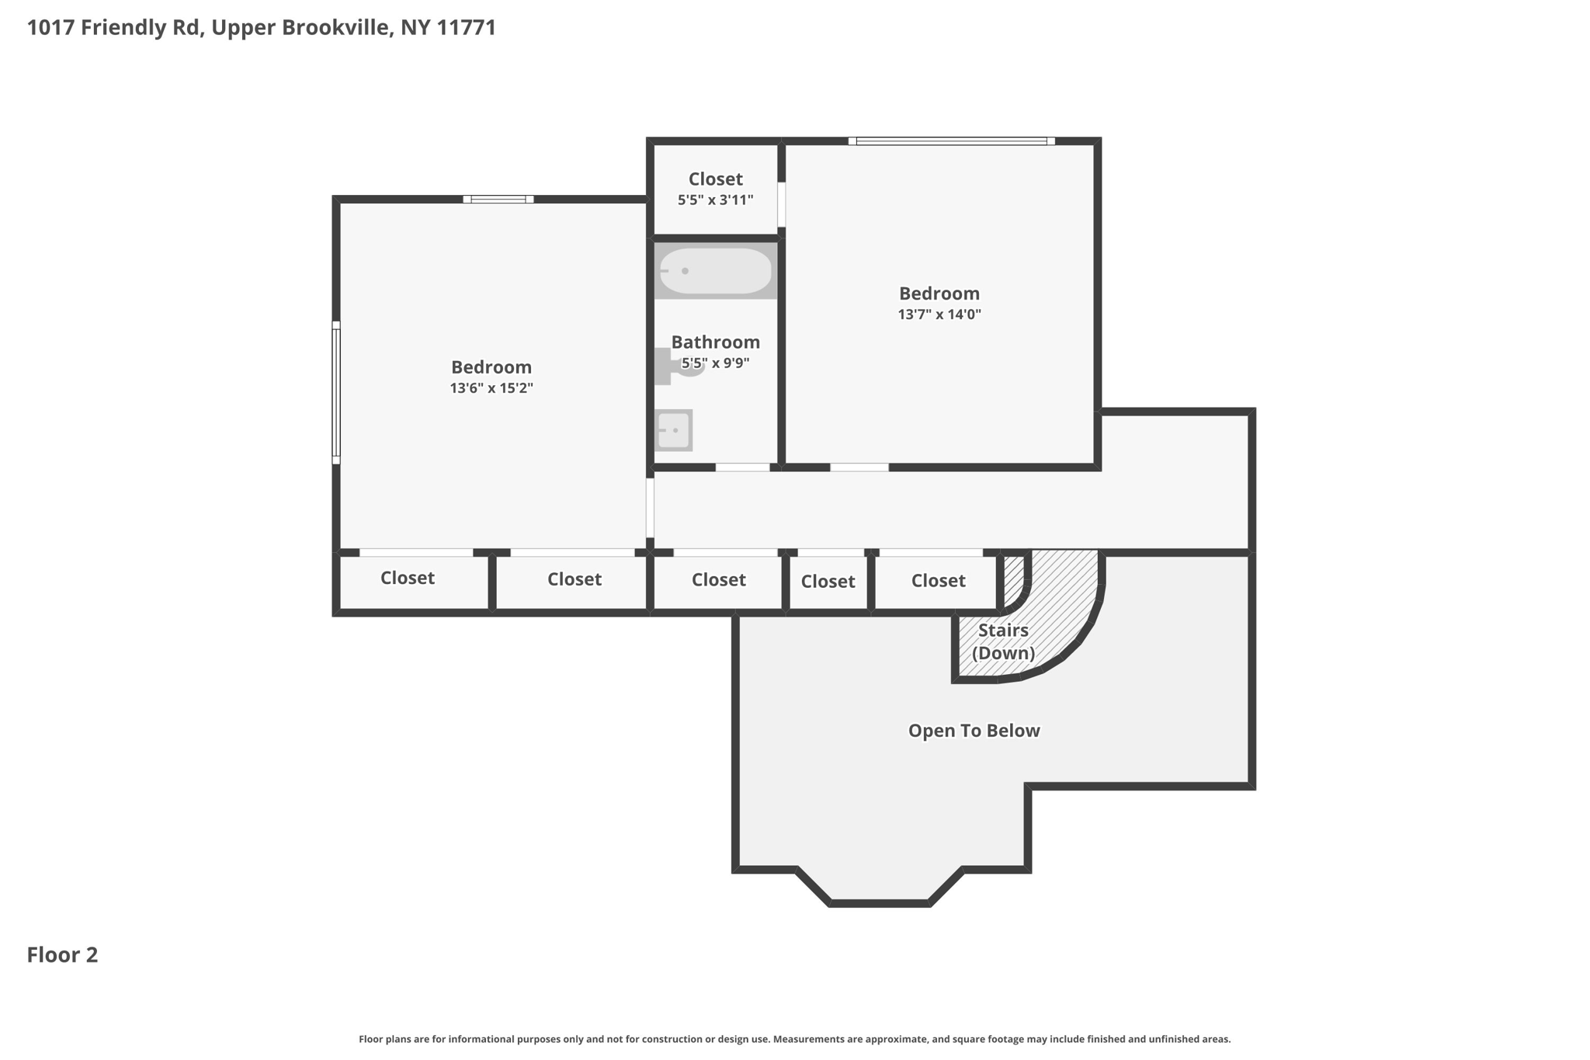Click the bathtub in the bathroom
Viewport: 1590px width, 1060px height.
(x=715, y=271)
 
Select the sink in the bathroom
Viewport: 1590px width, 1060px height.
(x=673, y=430)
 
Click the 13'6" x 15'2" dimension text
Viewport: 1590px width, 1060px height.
(x=491, y=388)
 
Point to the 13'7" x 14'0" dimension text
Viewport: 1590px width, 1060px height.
(x=939, y=315)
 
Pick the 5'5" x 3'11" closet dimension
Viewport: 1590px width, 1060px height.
(x=715, y=200)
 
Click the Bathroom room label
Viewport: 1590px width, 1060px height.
(x=715, y=342)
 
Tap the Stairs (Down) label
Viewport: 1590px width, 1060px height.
(x=1003, y=641)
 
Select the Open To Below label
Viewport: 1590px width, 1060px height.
(x=974, y=731)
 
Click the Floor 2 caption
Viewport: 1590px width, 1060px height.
(x=62, y=955)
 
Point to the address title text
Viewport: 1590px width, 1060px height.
(x=262, y=28)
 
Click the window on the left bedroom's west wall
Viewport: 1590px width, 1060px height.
(x=336, y=392)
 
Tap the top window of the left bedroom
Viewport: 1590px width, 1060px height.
(x=498, y=200)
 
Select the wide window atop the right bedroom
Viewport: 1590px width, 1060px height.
(x=951, y=141)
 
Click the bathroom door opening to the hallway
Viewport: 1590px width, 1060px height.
(x=742, y=467)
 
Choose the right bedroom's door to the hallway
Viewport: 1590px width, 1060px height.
(x=859, y=467)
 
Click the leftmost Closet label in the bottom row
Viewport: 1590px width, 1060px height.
(x=407, y=579)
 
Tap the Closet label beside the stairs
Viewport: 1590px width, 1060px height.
(x=938, y=581)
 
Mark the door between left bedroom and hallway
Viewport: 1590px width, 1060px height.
(x=650, y=507)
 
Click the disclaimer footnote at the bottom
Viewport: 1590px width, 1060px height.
(x=794, y=1039)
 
